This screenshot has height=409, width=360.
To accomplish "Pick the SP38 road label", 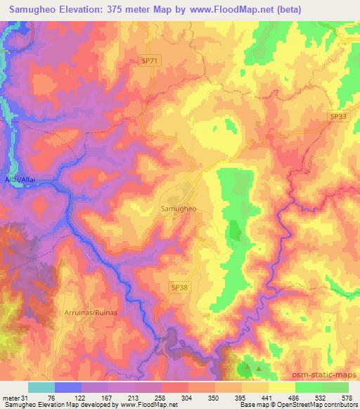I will [x=179, y=287].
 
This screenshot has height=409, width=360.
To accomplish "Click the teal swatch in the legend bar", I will [x=41, y=387].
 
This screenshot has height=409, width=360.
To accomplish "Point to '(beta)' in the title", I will [x=293, y=8].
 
